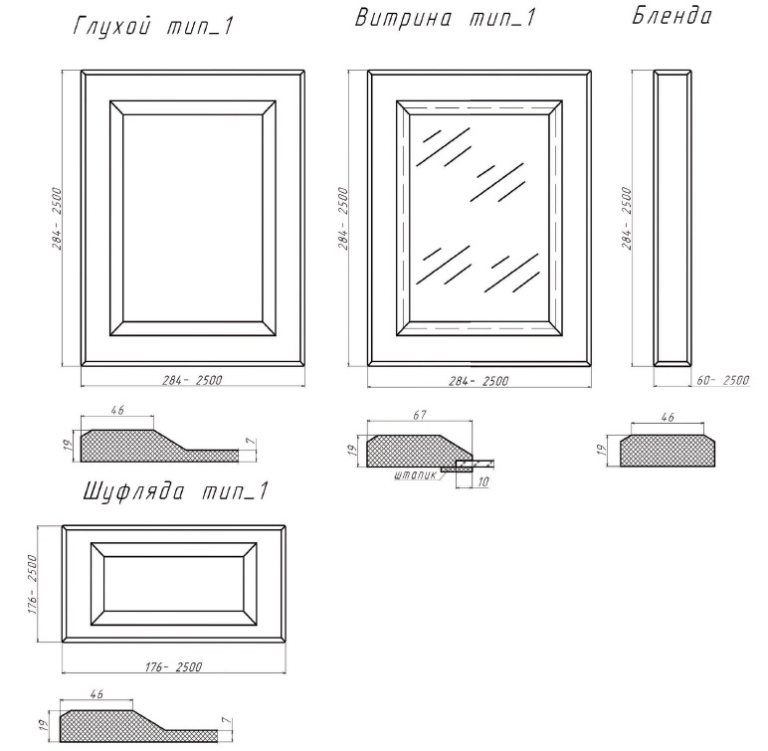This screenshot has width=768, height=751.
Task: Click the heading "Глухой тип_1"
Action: [153, 26]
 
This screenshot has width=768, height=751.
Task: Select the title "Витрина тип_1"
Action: [445, 18]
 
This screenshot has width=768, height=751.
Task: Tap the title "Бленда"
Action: [672, 15]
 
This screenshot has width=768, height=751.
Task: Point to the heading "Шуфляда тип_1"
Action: [176, 490]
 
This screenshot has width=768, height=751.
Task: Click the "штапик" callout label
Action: [415, 474]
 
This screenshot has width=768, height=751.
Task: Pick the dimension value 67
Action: [420, 415]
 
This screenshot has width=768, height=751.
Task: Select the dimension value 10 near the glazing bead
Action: [482, 481]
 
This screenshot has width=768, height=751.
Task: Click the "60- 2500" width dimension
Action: [723, 380]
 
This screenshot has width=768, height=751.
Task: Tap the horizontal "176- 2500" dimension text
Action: [173, 666]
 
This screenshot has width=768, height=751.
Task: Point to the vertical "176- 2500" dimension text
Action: [32, 584]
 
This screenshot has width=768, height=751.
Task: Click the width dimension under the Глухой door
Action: [192, 380]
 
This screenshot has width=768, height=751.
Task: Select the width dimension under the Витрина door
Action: [480, 381]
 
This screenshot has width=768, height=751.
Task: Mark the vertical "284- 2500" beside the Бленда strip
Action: [627, 218]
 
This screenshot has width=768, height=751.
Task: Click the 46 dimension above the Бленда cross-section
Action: [668, 417]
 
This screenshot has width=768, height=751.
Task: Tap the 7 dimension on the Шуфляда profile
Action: [226, 720]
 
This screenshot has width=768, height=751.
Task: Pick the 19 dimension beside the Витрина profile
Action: [351, 451]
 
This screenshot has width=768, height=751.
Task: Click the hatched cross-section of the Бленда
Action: [668, 451]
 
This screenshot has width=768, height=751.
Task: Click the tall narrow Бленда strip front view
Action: [672, 218]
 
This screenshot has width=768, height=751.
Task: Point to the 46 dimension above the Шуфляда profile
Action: [97, 693]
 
